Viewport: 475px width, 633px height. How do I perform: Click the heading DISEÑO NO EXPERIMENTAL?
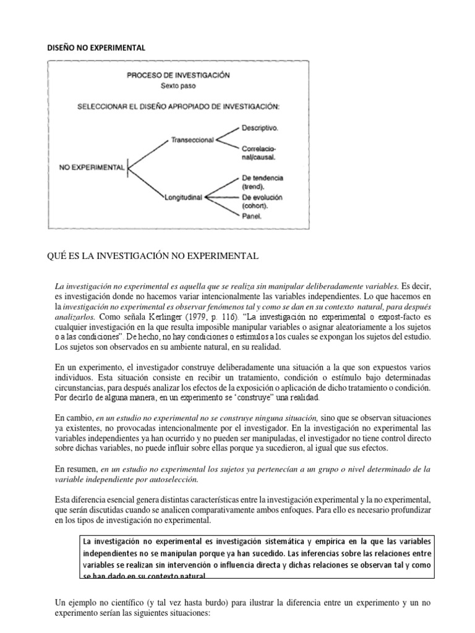(96, 46)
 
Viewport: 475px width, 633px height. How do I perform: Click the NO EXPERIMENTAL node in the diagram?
(92, 167)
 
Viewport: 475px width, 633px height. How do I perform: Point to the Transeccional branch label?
(191, 140)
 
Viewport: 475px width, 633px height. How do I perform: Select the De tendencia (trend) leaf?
(262, 182)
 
